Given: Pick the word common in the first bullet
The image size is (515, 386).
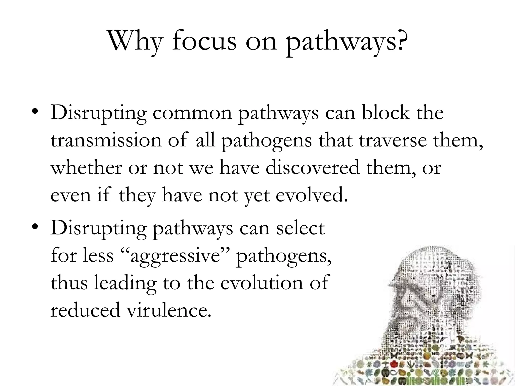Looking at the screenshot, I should coord(192,113).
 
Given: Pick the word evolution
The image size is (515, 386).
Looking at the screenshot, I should coord(262,283).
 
